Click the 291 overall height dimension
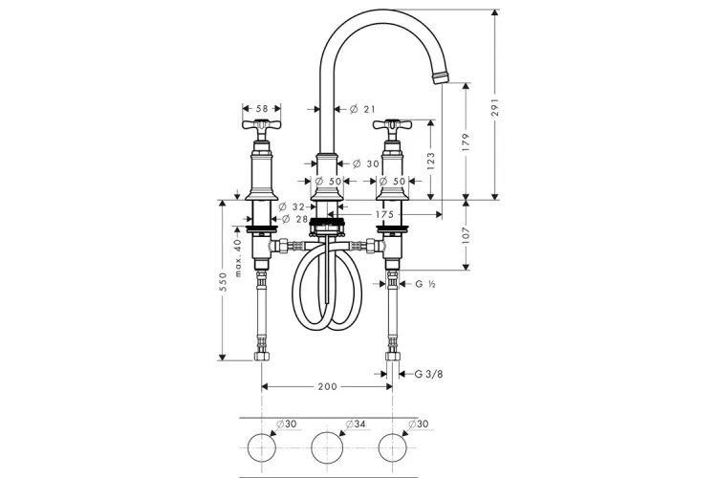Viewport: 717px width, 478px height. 495,107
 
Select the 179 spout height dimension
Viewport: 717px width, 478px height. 466,141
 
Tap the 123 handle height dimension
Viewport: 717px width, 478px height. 431,162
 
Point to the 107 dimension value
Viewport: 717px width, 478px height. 466,235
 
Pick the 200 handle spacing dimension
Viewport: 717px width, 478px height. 327,387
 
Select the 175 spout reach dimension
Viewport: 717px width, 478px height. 384,214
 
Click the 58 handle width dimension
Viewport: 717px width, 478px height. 262,109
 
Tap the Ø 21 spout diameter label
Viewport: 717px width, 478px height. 362,109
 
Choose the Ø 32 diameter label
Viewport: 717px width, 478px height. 292,207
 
